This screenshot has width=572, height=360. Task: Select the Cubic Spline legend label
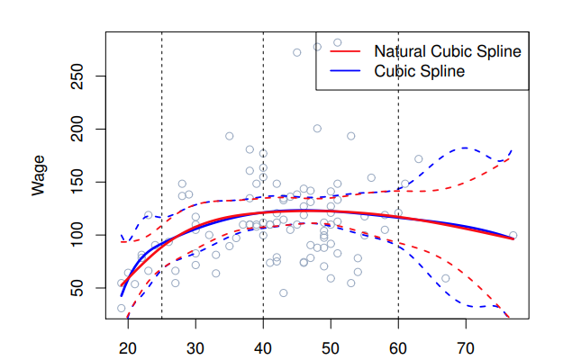[419, 71]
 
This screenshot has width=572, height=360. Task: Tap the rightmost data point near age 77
[513, 235]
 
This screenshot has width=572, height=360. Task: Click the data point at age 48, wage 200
[317, 129]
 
